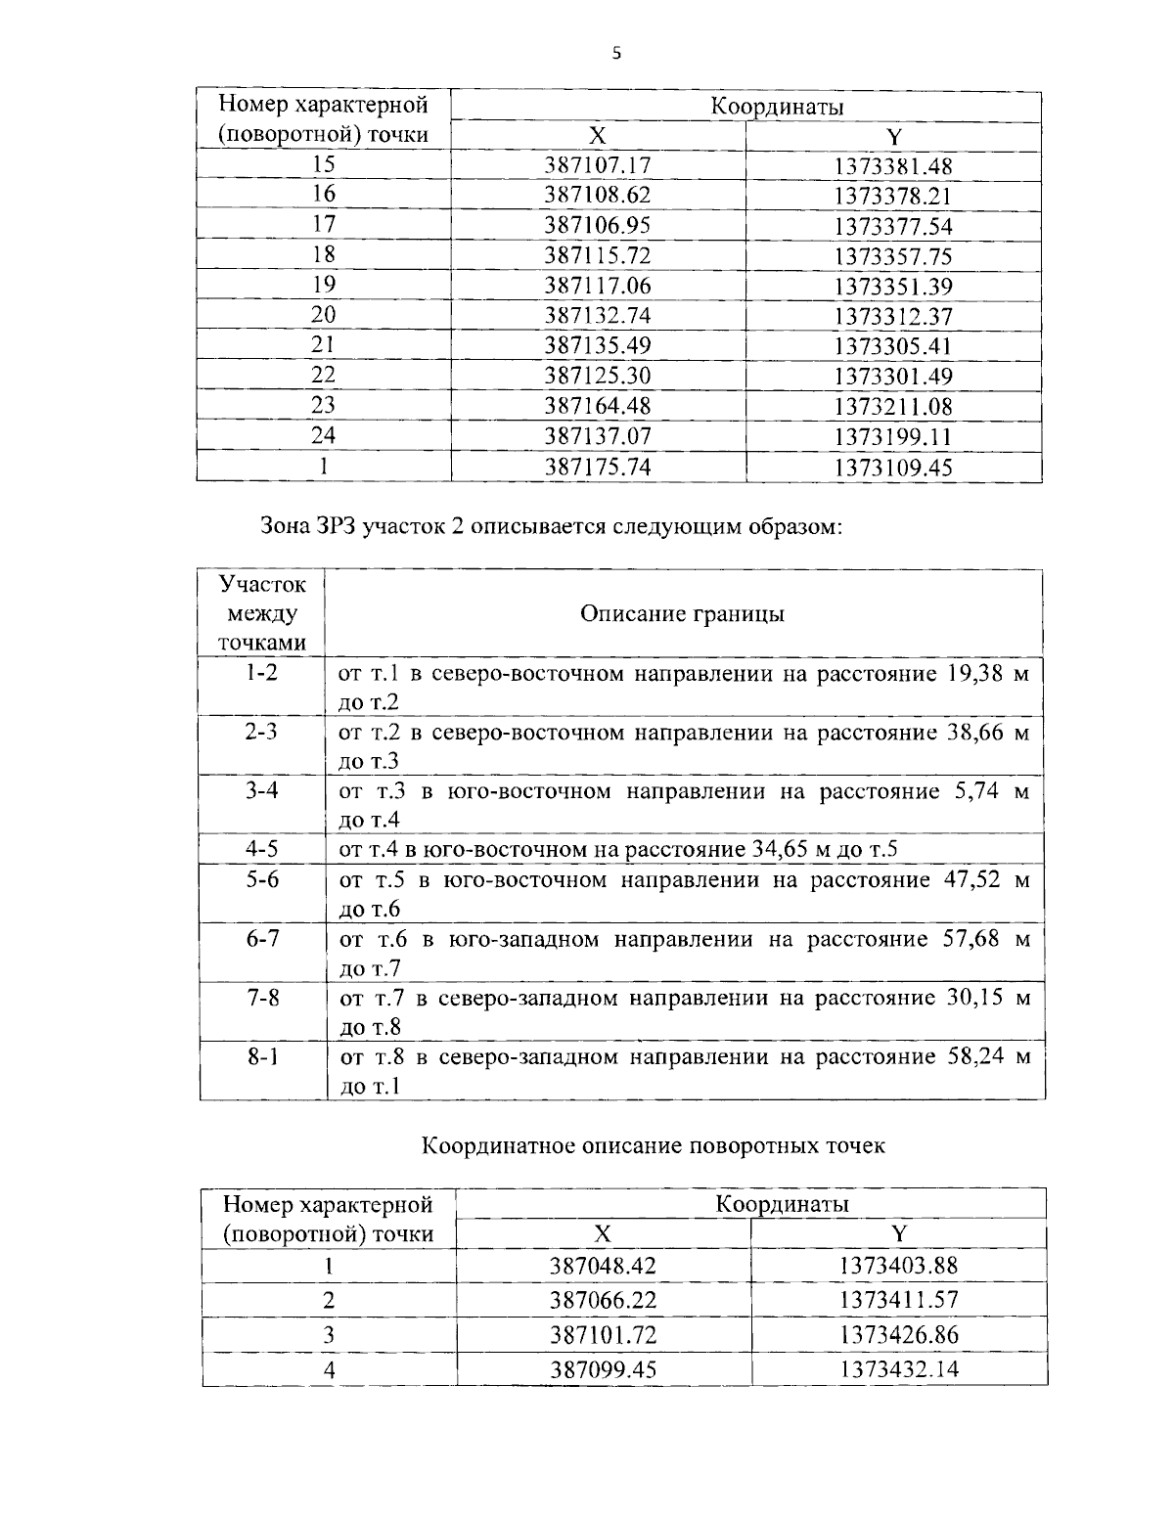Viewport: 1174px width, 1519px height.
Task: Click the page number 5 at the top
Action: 615,54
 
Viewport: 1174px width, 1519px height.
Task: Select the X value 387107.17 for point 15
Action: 597,165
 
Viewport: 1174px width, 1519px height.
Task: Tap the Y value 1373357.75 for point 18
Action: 892,256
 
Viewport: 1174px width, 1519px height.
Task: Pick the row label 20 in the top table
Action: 323,315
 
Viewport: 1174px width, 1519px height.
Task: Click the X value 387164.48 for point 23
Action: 597,406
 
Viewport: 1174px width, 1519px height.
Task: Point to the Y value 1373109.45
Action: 892,467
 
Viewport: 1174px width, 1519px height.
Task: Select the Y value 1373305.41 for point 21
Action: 892,346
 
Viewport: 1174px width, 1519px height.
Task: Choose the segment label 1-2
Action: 261,673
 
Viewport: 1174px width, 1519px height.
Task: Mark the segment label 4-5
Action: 261,848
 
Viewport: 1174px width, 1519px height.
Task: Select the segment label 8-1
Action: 261,1056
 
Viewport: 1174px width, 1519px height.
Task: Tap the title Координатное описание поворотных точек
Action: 654,1145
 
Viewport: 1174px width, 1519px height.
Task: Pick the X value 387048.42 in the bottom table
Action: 603,1266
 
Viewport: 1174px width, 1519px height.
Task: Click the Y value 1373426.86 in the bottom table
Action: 898,1334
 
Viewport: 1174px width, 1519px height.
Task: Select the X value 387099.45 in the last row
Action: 603,1369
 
